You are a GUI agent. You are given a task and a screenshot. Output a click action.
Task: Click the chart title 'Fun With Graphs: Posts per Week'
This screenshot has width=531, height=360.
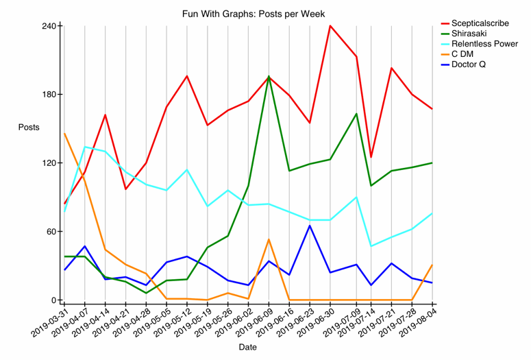click(254, 14)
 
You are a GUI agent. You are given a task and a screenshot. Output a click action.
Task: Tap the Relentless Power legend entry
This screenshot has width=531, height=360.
click(484, 44)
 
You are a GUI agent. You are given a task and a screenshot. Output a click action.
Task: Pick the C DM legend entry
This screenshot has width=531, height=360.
click(462, 54)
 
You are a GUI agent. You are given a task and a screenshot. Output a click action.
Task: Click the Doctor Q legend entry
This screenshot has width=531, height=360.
click(468, 64)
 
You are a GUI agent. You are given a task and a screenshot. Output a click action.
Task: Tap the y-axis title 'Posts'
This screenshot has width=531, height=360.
click(29, 128)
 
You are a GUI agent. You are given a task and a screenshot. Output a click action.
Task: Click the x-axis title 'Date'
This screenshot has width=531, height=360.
click(248, 348)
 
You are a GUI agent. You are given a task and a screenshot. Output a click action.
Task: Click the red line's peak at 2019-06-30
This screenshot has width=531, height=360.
click(330, 26)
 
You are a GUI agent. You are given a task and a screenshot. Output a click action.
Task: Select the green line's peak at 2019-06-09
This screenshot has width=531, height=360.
click(269, 77)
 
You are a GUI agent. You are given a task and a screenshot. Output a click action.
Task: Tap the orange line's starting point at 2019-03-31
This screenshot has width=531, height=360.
click(64, 134)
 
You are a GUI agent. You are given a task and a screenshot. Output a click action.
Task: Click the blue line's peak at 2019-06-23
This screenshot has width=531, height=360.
click(310, 226)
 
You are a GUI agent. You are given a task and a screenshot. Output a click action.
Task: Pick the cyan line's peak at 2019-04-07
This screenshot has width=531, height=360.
click(85, 147)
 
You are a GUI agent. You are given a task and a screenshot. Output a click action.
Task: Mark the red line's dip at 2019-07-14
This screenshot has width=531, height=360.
click(371, 157)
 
